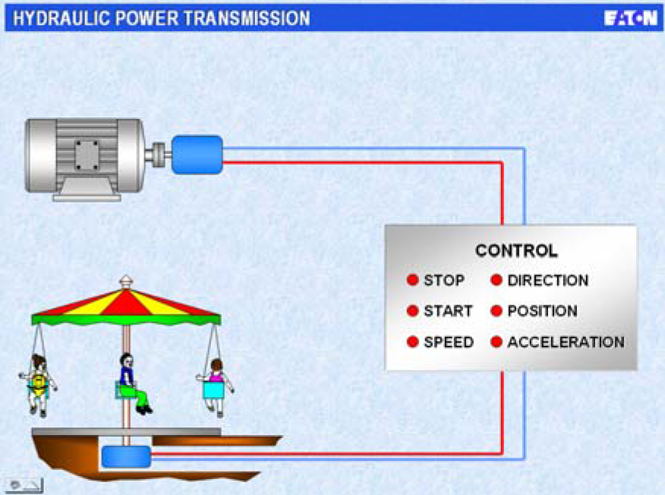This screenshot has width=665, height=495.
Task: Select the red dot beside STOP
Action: [x=413, y=280]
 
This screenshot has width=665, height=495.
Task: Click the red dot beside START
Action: [x=413, y=311]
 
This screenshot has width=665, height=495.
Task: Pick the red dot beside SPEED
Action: [x=413, y=342]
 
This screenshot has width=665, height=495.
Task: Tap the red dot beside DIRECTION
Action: [x=496, y=280]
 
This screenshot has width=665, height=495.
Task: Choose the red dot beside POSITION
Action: [x=496, y=311]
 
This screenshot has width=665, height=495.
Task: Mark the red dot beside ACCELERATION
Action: [x=496, y=342]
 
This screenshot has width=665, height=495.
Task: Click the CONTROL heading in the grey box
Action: [x=516, y=251]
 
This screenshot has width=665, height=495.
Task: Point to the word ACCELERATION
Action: [x=566, y=342]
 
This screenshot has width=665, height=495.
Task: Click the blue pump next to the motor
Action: [x=197, y=154]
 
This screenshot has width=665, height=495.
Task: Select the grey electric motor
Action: [x=84, y=155]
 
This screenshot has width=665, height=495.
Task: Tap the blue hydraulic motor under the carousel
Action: [x=125, y=456]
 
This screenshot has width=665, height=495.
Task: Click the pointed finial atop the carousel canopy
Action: [x=126, y=282]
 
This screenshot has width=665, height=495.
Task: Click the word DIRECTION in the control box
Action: [x=547, y=280]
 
